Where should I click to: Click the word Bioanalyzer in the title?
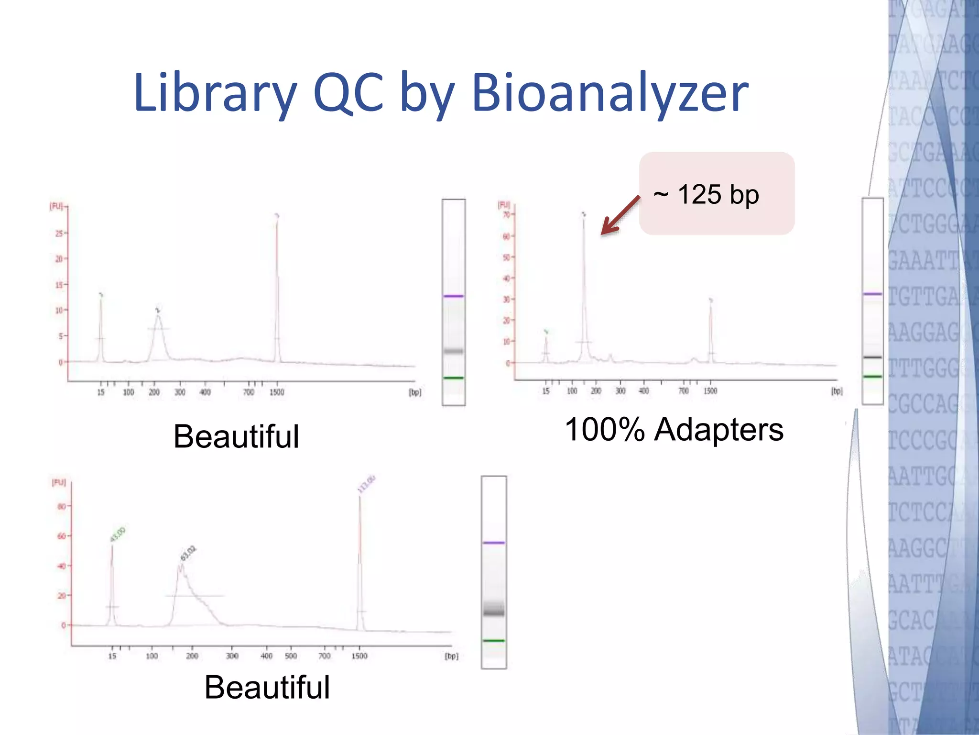(x=609, y=93)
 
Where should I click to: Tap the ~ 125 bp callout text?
(x=706, y=195)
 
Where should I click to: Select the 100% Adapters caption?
(x=674, y=429)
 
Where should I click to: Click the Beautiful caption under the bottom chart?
(x=267, y=688)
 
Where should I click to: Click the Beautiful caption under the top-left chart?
(x=236, y=436)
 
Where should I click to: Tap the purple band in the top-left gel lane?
(x=454, y=296)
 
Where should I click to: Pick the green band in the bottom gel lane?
(x=494, y=640)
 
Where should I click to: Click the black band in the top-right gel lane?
(x=872, y=357)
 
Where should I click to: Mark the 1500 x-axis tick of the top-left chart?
(x=277, y=392)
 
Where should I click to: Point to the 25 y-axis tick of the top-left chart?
(x=59, y=234)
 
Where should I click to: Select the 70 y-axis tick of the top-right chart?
(x=506, y=214)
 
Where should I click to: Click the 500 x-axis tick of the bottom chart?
(x=291, y=656)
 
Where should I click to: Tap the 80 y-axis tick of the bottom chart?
(x=61, y=506)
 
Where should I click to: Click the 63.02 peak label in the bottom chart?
(x=188, y=553)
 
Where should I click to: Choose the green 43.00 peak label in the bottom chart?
(x=118, y=535)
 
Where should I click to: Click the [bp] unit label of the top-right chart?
(x=837, y=391)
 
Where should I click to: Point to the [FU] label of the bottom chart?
(x=59, y=482)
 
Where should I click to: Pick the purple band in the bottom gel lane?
(x=494, y=543)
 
